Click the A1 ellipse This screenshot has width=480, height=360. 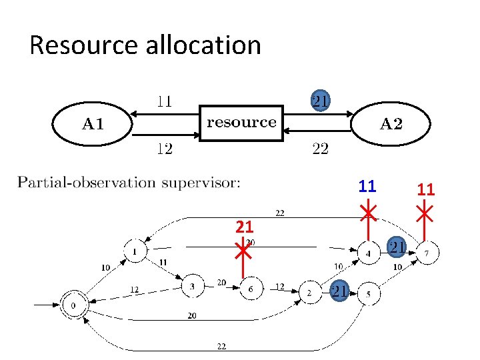pos(93,124)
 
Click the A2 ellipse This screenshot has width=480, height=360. pos(391,124)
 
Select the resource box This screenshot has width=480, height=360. pos(241,122)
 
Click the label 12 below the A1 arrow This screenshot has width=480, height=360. pos(165,149)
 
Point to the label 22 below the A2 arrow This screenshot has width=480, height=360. pos(321,149)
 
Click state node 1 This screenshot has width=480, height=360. pos(135,251)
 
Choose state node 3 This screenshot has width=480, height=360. pos(192,287)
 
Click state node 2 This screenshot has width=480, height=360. pos(310,292)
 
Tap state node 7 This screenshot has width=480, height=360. pos(426,253)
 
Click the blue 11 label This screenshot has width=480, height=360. pos(367,187)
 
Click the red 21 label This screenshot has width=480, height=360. pos(244,227)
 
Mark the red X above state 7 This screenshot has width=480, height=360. pos(425,213)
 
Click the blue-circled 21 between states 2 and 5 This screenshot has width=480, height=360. pos(339,291)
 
